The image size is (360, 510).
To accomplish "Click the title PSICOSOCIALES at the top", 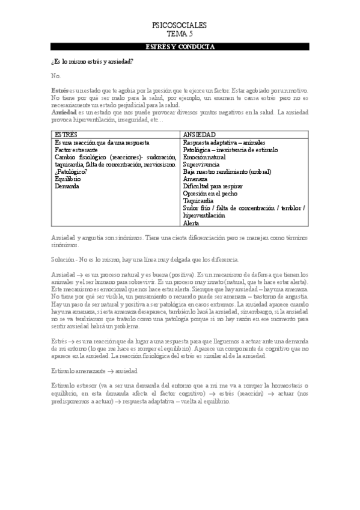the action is pyautogui.click(x=180, y=26).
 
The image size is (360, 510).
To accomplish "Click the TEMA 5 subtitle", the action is pyautogui.click(x=180, y=34).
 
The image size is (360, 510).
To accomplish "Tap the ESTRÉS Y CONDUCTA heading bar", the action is pyautogui.click(x=180, y=46).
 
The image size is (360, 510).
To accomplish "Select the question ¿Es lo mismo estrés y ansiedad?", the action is pyautogui.click(x=93, y=62).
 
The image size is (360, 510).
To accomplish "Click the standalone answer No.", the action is pyautogui.click(x=56, y=76).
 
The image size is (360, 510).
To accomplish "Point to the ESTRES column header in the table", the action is pyautogui.click(x=66, y=135).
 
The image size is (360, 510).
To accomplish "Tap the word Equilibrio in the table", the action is pyautogui.click(x=69, y=179).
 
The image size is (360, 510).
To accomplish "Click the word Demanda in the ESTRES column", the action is pyautogui.click(x=67, y=186).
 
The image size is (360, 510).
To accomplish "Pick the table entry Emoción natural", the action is pyautogui.click(x=204, y=157).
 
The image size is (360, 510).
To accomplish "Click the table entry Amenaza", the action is pyautogui.click(x=195, y=179).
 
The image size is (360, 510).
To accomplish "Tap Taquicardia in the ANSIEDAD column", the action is pyautogui.click(x=199, y=201).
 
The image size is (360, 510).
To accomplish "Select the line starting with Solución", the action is pyautogui.click(x=145, y=259).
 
